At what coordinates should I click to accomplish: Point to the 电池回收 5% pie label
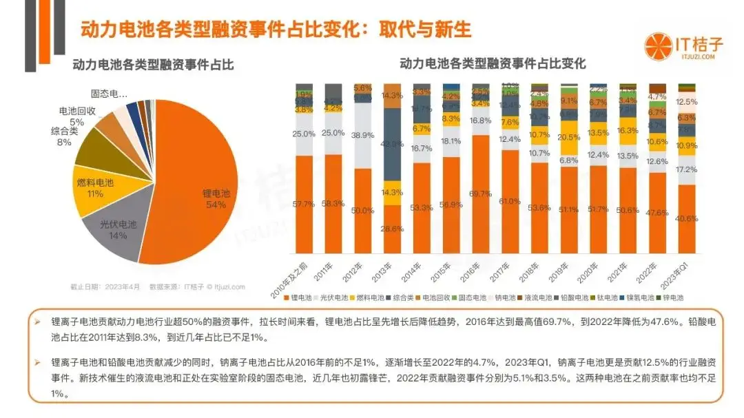(76, 116)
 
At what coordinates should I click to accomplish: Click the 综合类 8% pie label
(66, 136)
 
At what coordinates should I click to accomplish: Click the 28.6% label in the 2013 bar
(392, 228)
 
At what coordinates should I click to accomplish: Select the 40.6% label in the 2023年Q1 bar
(687, 218)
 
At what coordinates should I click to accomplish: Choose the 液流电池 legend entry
(539, 298)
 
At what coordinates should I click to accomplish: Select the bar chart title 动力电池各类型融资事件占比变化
(493, 63)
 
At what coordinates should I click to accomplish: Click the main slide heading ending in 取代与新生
(276, 30)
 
